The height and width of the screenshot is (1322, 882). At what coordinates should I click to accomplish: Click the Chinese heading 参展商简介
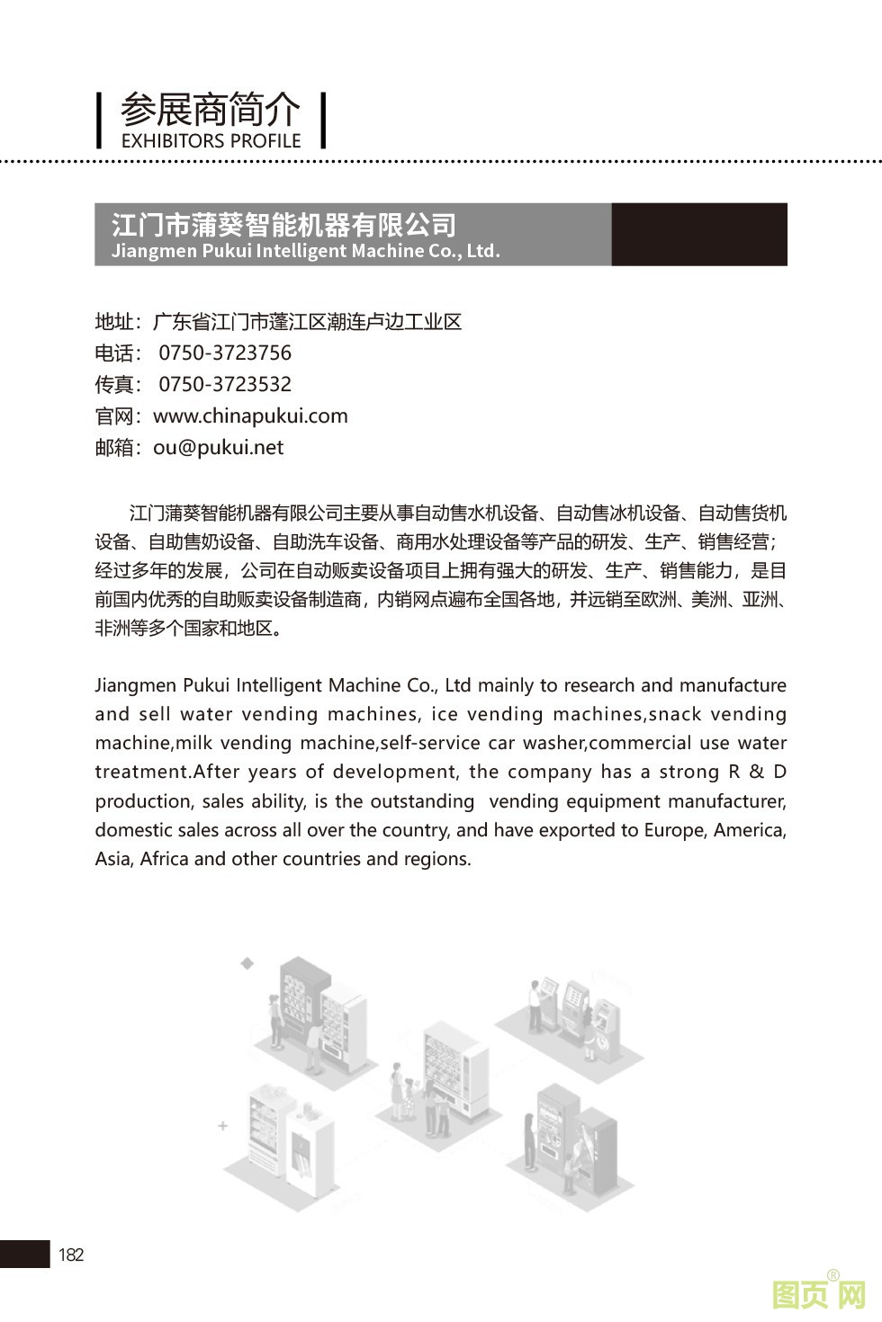click(210, 110)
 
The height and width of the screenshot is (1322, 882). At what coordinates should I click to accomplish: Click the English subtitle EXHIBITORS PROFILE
click(211, 141)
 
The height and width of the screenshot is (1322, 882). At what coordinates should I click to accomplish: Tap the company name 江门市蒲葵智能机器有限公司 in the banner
click(283, 224)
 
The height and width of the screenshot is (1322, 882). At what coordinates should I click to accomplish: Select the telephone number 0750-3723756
click(225, 353)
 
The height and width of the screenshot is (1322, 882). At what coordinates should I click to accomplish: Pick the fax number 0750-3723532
click(225, 384)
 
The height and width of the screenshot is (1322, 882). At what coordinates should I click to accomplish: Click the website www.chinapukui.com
click(250, 415)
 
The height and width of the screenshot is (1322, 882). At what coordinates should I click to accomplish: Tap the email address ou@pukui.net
click(218, 447)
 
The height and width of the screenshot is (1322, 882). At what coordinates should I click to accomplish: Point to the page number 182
click(71, 1255)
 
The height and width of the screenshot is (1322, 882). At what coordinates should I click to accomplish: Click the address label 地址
click(114, 322)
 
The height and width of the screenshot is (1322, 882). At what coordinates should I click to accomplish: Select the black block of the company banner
click(698, 234)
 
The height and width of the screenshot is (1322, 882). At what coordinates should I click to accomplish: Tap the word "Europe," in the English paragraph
click(675, 829)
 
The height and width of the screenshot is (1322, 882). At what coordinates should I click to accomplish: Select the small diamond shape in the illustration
click(247, 963)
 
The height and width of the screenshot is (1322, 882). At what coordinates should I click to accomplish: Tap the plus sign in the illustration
click(223, 1125)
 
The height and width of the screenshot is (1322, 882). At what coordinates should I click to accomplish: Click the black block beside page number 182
click(24, 1254)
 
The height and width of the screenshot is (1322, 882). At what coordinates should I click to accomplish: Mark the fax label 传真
click(114, 385)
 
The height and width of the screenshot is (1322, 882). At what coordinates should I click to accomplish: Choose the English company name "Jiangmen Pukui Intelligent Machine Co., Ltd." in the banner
click(305, 251)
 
